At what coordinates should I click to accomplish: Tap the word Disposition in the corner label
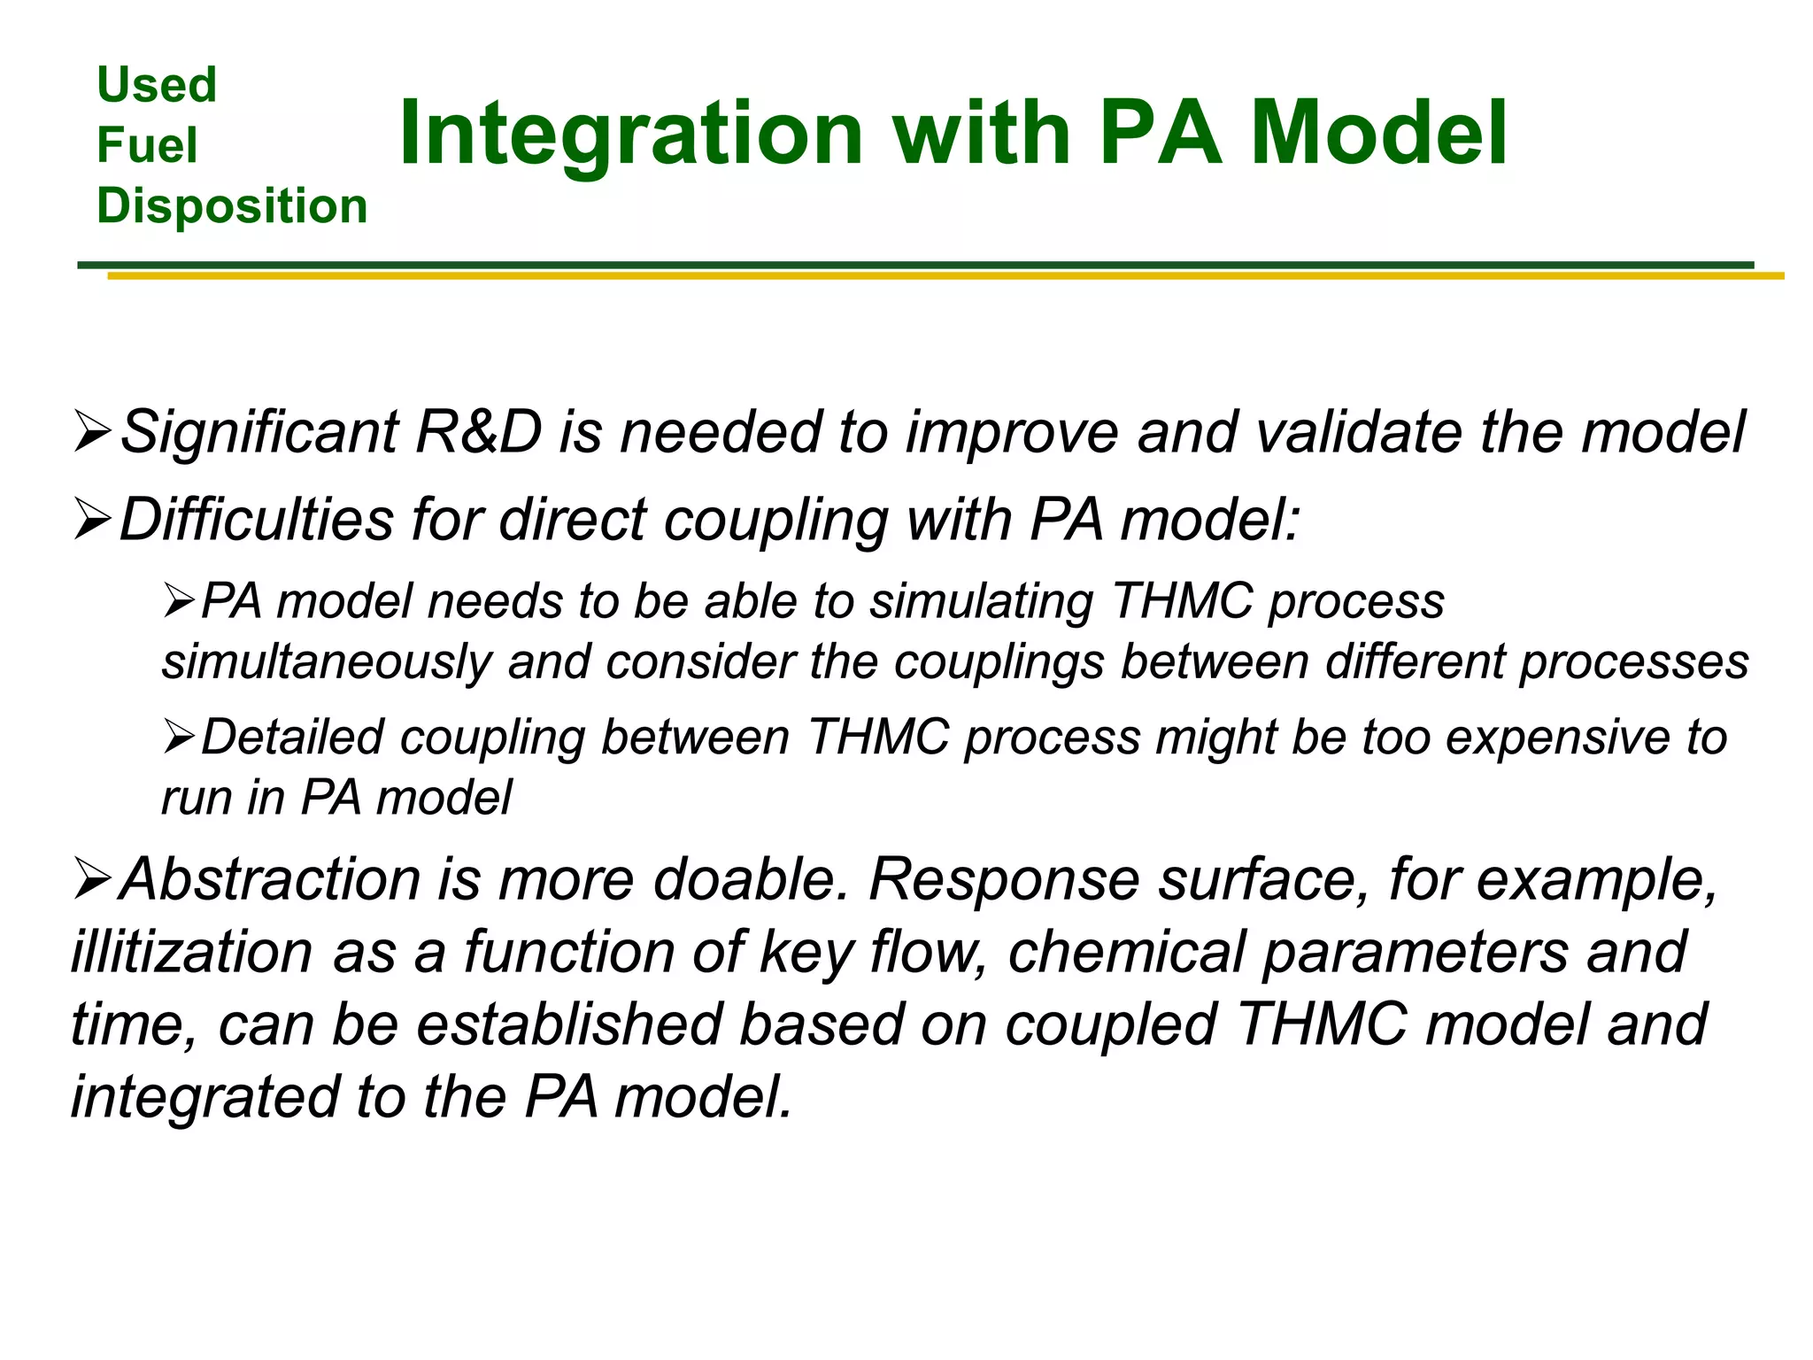coord(232,206)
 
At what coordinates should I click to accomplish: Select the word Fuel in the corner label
coord(147,145)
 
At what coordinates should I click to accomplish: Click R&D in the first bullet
coord(478,433)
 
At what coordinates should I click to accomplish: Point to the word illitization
coord(192,953)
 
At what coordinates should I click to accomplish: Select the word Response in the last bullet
coord(1004,880)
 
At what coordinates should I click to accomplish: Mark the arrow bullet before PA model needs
coord(179,603)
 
